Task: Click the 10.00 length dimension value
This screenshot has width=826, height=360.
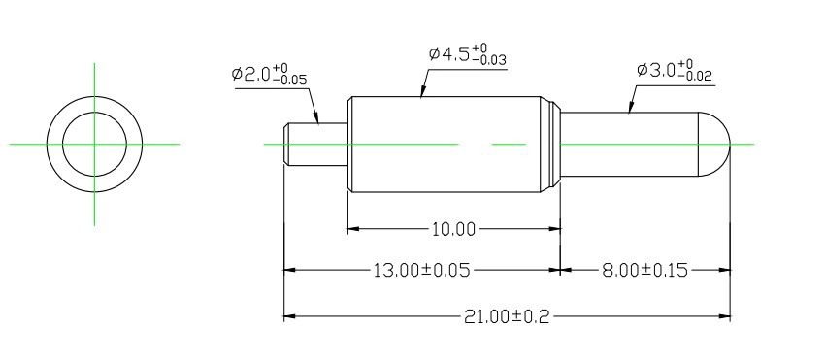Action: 453,229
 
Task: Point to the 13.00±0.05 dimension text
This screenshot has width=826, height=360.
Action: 421,271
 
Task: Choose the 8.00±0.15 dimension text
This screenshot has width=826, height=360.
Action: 644,271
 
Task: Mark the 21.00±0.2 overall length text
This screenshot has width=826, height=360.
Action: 507,317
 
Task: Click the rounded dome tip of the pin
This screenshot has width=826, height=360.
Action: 714,144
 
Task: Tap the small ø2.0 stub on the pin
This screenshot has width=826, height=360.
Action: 316,144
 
